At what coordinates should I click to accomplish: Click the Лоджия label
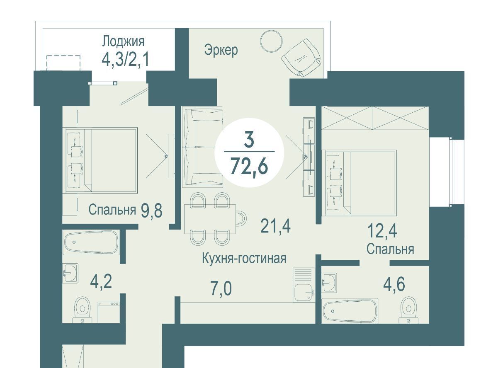coord(123,42)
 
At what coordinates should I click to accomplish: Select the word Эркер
coord(221,50)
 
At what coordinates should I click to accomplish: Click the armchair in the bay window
coord(301,58)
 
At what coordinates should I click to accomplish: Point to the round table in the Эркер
coord(271,41)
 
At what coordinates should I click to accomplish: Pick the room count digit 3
coord(249,140)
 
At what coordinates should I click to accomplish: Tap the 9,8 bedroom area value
coord(151,211)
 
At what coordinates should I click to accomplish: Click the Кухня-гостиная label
coord(244,258)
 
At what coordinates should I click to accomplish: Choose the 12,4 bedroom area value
coord(382,231)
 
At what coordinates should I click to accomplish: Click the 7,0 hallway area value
coord(221,289)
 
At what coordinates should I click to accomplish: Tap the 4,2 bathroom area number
coord(101,282)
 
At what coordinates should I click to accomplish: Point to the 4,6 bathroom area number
coord(394,284)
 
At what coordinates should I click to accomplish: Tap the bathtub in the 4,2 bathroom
coord(91,242)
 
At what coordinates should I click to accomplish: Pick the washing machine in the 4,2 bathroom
coord(109,312)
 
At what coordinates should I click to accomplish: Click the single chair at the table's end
coord(241,218)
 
